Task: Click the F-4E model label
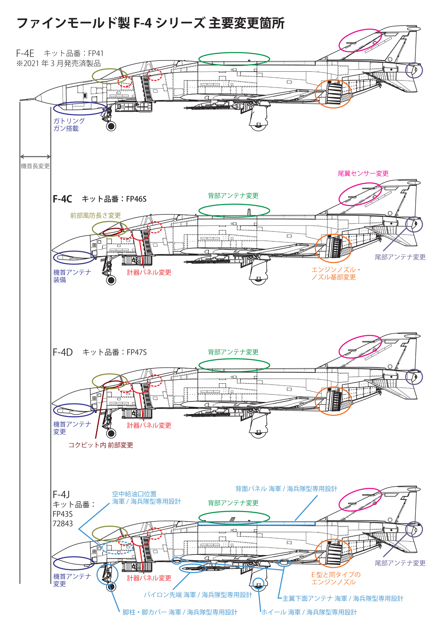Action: coord(25,53)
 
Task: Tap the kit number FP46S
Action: coord(136,199)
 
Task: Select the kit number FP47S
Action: coord(137,352)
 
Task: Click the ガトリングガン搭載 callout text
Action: coord(69,125)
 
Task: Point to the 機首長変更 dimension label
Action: coord(35,166)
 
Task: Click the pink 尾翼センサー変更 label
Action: coord(363,174)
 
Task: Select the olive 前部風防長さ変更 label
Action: coord(95,215)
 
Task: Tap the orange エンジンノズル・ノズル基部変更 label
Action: coord(335,273)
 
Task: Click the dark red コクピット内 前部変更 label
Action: coord(101,445)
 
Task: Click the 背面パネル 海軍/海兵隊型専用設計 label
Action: coord(286,489)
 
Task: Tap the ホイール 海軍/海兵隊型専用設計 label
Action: coord(309,612)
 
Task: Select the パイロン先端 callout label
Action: coord(198,595)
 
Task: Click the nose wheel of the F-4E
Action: coord(111,126)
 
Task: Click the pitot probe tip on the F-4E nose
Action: coord(21,100)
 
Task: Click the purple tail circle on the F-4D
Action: coord(414,377)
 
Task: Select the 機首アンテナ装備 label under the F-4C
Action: coord(72,276)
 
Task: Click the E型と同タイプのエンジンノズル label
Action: coord(336,578)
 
